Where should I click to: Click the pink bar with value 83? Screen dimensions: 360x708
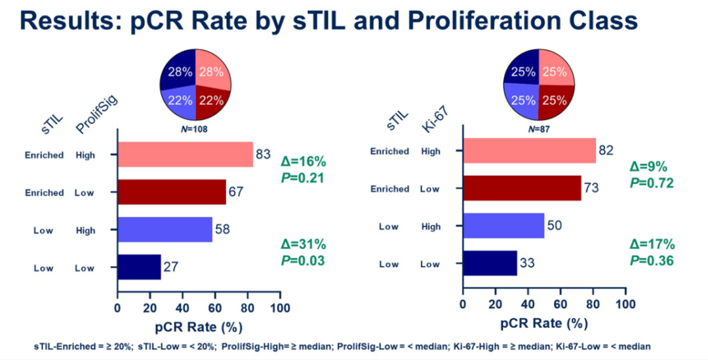click(x=185, y=155)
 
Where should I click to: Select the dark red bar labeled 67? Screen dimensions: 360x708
click(x=172, y=192)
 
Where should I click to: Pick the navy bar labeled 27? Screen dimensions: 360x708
click(x=139, y=268)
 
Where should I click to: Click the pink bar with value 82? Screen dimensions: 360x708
click(x=529, y=151)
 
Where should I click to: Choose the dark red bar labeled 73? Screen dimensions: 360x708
click(x=522, y=188)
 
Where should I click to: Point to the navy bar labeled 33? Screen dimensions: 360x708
click(x=490, y=264)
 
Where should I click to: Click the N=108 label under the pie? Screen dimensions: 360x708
click(x=195, y=129)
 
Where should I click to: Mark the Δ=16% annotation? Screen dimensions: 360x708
click(x=304, y=162)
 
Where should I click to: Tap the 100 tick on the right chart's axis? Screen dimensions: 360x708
click(x=625, y=304)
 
